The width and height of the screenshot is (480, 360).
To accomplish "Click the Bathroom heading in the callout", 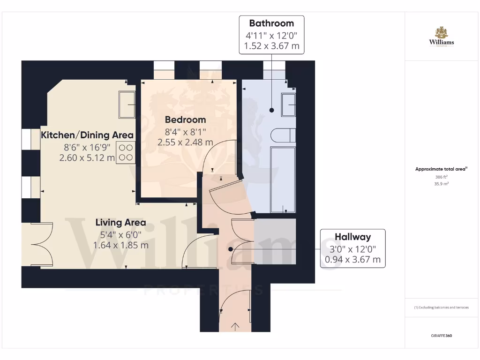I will point(271,23).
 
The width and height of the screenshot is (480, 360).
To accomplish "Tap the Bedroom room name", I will point(185,120).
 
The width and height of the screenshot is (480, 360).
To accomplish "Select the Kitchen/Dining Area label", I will point(88,135).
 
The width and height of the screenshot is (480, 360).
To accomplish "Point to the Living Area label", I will point(120,223).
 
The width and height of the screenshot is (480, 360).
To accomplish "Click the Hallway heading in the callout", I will point(352,237).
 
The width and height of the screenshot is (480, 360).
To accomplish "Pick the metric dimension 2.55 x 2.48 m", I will point(185,142).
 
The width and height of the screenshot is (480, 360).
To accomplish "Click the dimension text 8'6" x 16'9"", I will point(88,147).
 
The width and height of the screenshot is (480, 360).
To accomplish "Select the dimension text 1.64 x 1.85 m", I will point(120,245).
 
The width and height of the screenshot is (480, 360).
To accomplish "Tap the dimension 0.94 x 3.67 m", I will point(352,259).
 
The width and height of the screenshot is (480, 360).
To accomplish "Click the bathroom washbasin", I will point(288,105).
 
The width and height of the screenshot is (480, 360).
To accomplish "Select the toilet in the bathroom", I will point(283,135).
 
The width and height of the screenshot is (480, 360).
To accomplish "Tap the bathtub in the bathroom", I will point(283,180).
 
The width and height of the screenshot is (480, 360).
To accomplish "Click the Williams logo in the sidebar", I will point(441,37).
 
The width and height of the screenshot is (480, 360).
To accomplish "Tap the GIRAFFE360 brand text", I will point(441,336).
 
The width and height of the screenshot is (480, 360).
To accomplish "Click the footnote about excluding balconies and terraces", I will point(441,307).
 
